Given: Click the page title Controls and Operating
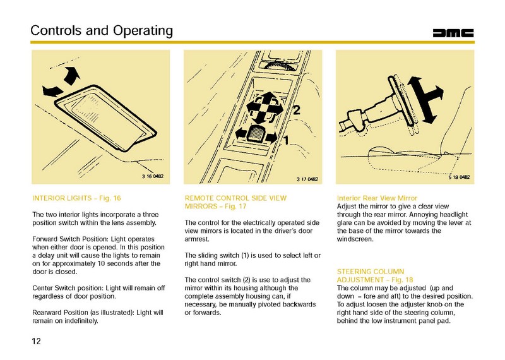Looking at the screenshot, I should (102, 30).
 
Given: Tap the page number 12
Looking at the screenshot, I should (37, 342).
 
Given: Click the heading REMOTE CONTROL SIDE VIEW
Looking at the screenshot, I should (235, 198).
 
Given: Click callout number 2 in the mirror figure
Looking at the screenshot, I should (295, 111).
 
